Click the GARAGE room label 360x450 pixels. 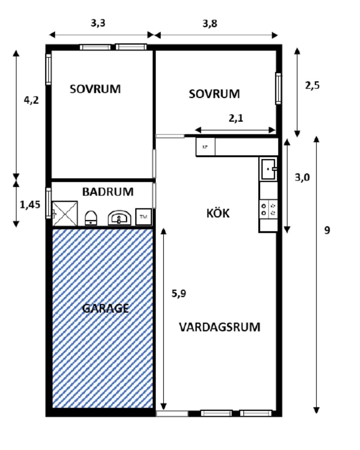105,308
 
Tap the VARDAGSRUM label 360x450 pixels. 219,327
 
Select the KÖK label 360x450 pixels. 218,213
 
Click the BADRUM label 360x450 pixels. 108,192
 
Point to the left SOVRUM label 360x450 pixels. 95,89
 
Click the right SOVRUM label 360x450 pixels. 214,94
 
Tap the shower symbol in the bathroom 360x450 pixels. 65,213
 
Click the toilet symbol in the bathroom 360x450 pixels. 91,218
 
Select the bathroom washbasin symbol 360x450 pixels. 119,218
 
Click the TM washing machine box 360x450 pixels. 143,217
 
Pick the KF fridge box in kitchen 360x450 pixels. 205,147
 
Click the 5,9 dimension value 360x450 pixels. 179,294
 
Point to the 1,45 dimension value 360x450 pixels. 30,205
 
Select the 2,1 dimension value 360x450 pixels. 236,118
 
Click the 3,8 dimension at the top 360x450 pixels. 210,23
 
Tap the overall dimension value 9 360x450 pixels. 327,230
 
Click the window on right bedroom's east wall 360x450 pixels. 278,89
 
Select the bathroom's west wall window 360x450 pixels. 48,203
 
